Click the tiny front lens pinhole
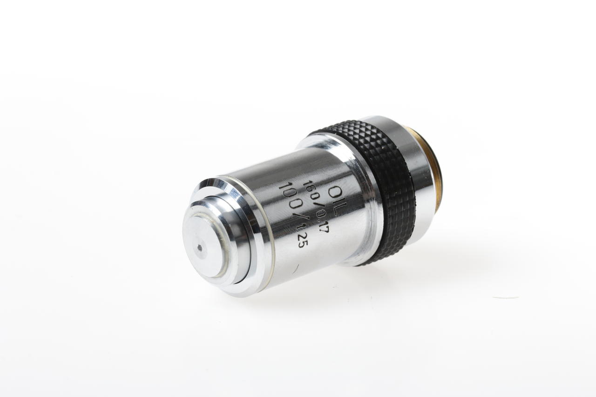(x=200, y=249)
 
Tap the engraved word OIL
(x=336, y=200)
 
